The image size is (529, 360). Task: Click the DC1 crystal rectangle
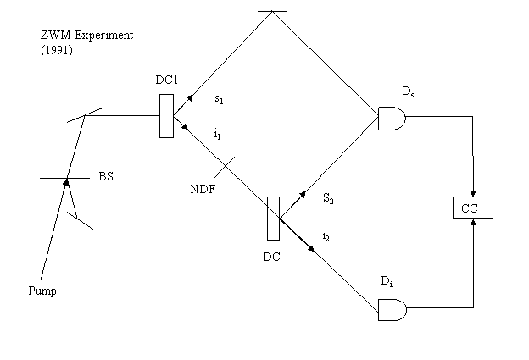click(x=167, y=116)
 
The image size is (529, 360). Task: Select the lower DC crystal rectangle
click(x=273, y=219)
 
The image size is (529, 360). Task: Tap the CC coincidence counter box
click(x=473, y=208)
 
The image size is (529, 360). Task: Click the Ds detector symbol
click(x=392, y=119)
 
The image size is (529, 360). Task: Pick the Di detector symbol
click(x=393, y=310)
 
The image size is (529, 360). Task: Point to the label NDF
click(x=203, y=189)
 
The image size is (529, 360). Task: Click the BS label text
click(x=106, y=176)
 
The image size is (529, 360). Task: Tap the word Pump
click(x=42, y=291)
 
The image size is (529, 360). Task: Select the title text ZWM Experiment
click(x=86, y=35)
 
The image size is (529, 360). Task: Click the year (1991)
click(x=57, y=50)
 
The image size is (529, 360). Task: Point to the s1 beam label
click(x=219, y=99)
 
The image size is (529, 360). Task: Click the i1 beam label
click(x=218, y=135)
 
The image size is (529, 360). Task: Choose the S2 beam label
click(x=328, y=198)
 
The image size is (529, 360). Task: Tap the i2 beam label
click(x=326, y=235)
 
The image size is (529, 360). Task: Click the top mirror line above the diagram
click(x=272, y=11)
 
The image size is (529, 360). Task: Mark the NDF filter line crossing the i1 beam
click(x=225, y=167)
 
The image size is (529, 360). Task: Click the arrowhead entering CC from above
click(x=473, y=193)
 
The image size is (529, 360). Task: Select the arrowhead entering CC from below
click(x=473, y=222)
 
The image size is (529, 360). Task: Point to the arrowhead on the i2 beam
click(x=311, y=249)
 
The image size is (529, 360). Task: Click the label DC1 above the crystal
click(x=167, y=80)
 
